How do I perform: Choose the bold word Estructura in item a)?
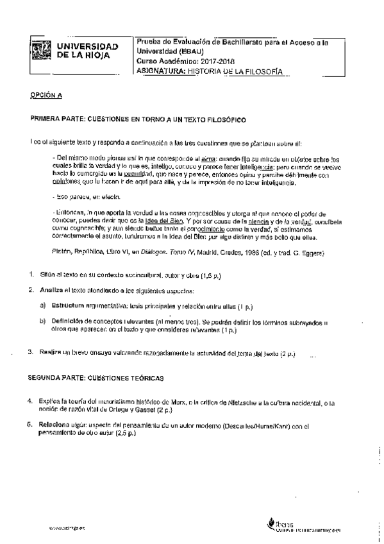click(69, 305)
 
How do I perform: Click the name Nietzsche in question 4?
click(240, 402)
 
